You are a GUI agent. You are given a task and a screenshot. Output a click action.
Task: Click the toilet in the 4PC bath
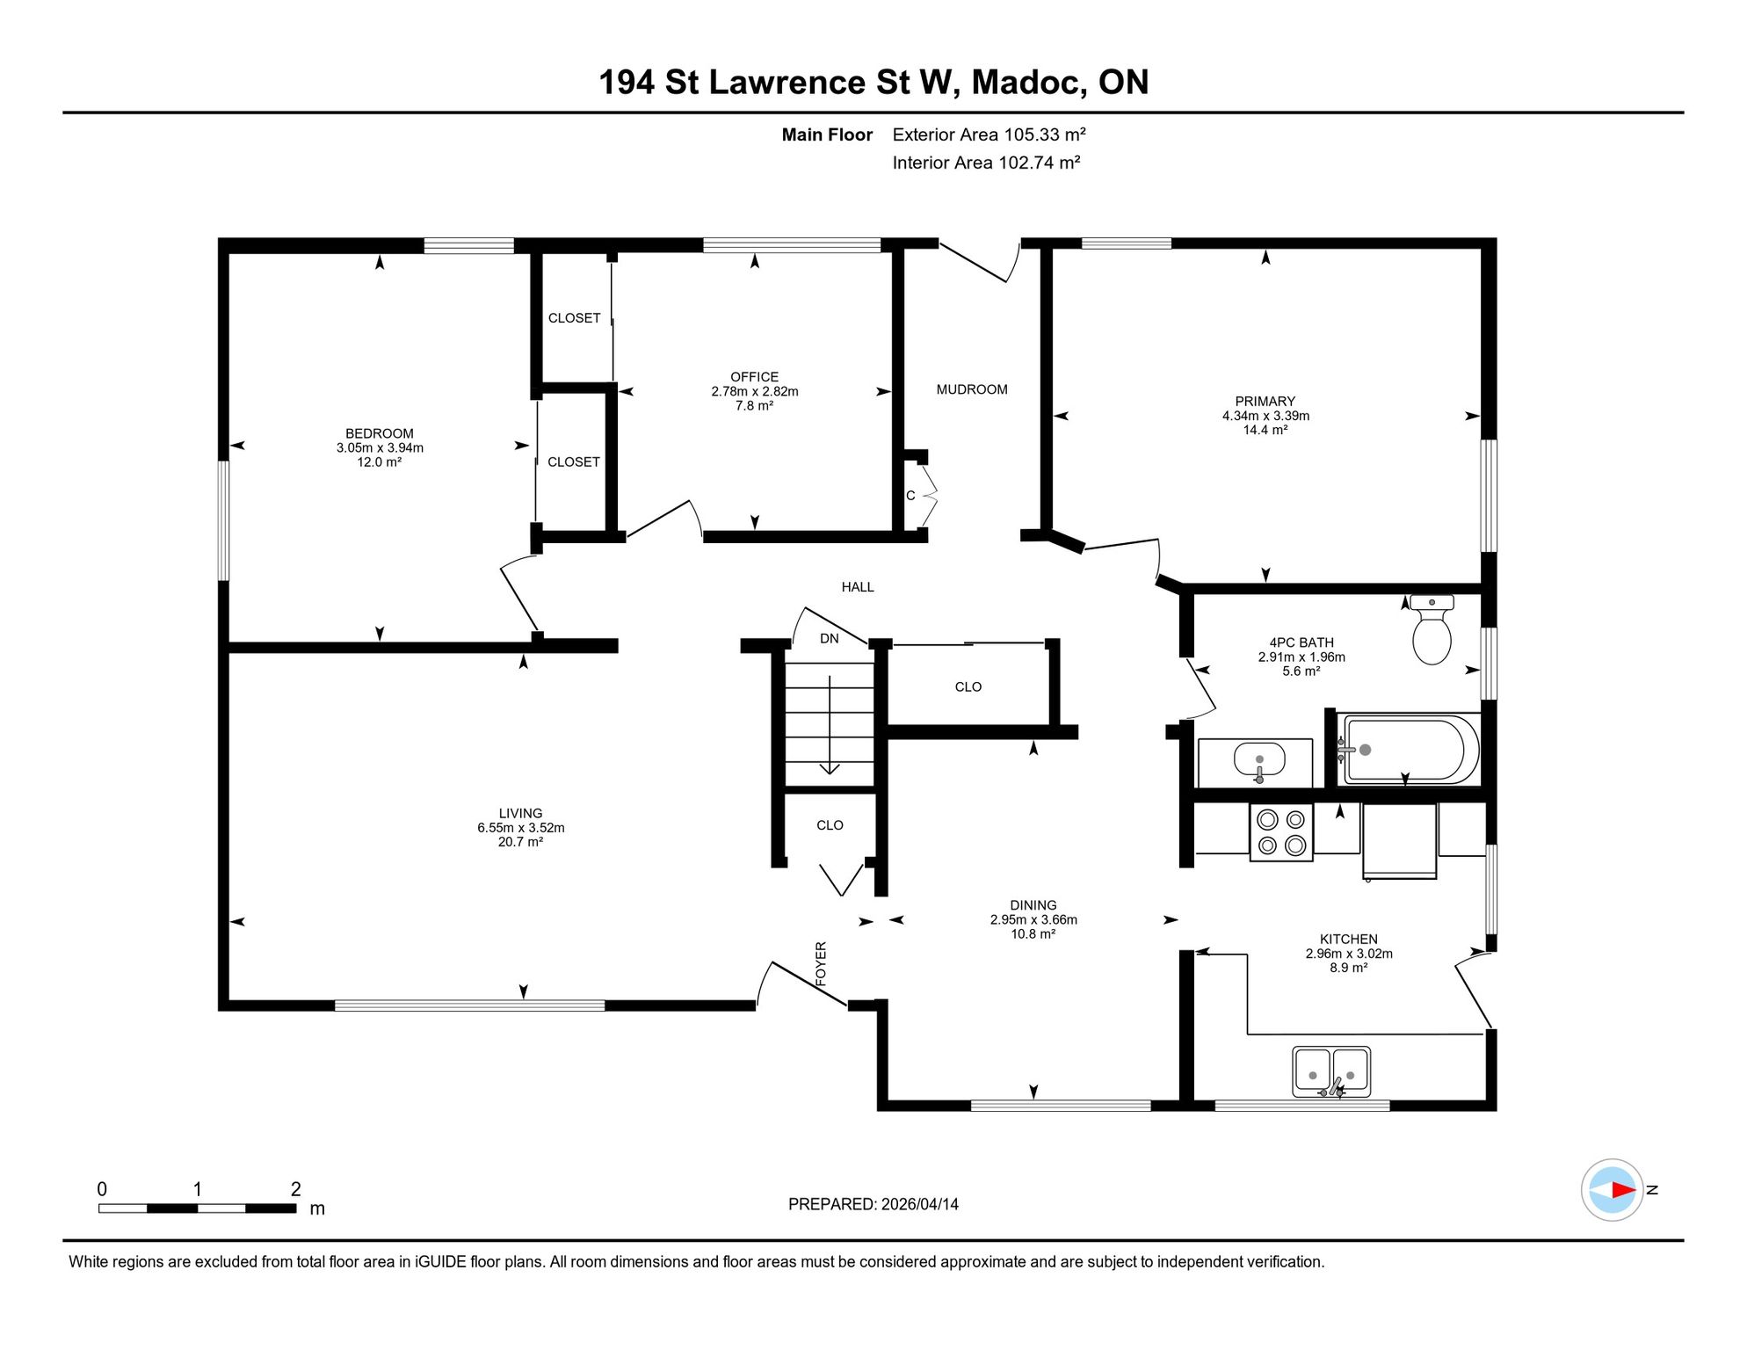click(x=1432, y=629)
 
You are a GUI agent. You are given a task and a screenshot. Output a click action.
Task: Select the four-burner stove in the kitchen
click(x=1281, y=832)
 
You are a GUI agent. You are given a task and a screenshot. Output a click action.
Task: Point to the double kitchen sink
click(x=1331, y=1072)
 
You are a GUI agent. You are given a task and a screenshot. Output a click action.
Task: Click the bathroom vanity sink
click(x=1259, y=761)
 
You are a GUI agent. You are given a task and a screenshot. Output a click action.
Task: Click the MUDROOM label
click(x=972, y=389)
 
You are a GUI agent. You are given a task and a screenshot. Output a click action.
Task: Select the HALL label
click(x=858, y=587)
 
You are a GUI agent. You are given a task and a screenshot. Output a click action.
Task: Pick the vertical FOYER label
click(x=821, y=962)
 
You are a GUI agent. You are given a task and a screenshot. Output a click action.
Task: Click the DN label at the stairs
click(x=830, y=639)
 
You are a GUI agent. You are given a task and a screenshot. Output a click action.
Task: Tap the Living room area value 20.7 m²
click(x=520, y=842)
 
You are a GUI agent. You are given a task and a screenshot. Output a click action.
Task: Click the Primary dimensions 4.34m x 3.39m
click(x=1265, y=416)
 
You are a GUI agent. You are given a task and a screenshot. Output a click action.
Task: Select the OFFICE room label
click(x=754, y=377)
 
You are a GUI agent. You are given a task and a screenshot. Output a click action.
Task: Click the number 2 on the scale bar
click(x=296, y=1189)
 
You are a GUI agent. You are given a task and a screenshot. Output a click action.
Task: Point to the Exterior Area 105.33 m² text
click(x=989, y=134)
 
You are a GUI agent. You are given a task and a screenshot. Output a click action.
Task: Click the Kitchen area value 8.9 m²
click(x=1348, y=968)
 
